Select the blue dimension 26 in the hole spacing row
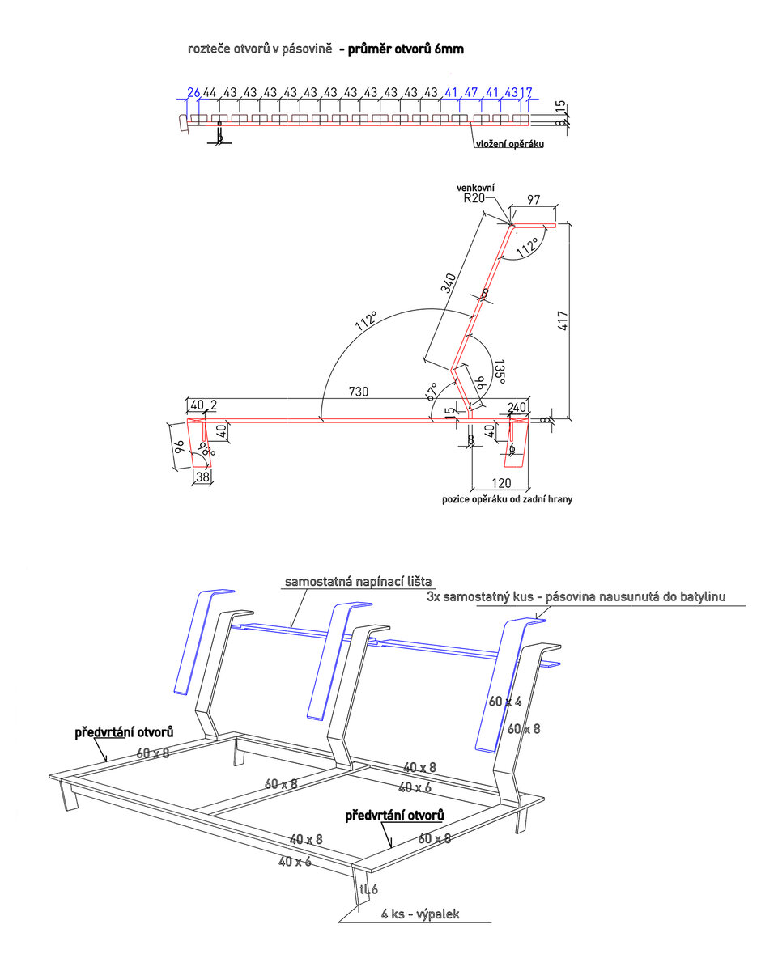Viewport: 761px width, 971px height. point(193,92)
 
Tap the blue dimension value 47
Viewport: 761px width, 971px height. point(471,92)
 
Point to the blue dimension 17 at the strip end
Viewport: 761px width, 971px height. point(526,92)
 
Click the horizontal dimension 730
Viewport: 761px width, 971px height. point(359,392)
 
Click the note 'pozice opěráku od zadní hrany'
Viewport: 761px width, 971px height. point(508,499)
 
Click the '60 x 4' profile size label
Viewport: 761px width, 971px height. point(505,702)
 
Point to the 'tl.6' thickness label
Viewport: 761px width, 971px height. point(369,889)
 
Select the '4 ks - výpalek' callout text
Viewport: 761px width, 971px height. point(420,914)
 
